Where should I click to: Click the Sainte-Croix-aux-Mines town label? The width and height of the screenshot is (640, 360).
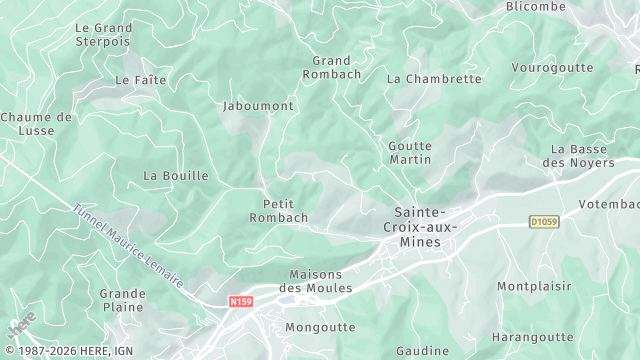[x=421, y=227]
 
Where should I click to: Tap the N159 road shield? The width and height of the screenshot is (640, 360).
[x=240, y=299]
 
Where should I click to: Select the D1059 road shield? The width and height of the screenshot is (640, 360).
[x=544, y=222]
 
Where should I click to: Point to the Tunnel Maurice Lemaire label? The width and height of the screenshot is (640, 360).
[x=128, y=246]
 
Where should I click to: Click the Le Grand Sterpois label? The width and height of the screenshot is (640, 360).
[x=103, y=35]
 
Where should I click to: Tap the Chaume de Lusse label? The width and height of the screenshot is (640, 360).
[x=36, y=123]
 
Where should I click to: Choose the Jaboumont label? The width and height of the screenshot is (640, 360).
[x=257, y=105]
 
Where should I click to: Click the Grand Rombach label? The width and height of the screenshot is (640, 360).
[x=331, y=67]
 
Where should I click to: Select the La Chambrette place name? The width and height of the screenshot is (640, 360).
[x=434, y=79]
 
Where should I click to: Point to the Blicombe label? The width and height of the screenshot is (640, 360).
[x=535, y=7]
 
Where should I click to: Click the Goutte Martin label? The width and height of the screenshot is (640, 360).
[x=410, y=152]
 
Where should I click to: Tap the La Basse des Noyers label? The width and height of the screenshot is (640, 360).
[x=579, y=155]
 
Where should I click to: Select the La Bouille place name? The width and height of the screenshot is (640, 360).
[x=176, y=175]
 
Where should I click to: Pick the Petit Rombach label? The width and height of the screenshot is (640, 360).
[x=278, y=210]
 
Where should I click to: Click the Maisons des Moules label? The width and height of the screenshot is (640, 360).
[x=316, y=281]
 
